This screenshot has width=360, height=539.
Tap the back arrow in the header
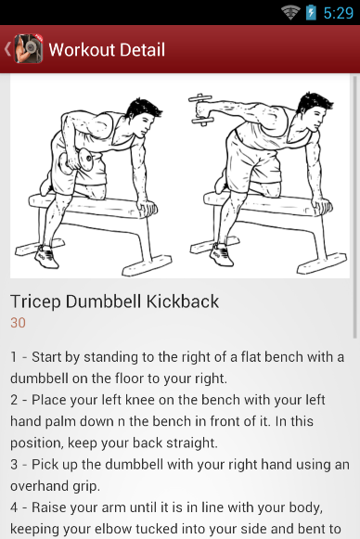coord(7,49)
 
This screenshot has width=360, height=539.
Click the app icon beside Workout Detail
coord(28,49)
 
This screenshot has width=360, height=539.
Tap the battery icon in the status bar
coord(311,13)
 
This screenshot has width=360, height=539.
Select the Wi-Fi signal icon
coord(291,13)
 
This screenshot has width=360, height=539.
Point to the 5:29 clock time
coord(339,13)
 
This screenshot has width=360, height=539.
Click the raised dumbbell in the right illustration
coord(201,109)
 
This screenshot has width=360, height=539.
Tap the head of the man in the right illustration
coord(314,110)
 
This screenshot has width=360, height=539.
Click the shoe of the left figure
coord(47,256)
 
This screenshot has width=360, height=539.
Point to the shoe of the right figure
coord(222,254)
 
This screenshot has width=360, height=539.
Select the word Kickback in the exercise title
coord(183,302)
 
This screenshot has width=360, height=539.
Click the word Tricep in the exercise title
coord(35,302)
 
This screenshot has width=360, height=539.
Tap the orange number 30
coord(18,323)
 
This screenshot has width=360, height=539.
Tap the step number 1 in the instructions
coord(13,357)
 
